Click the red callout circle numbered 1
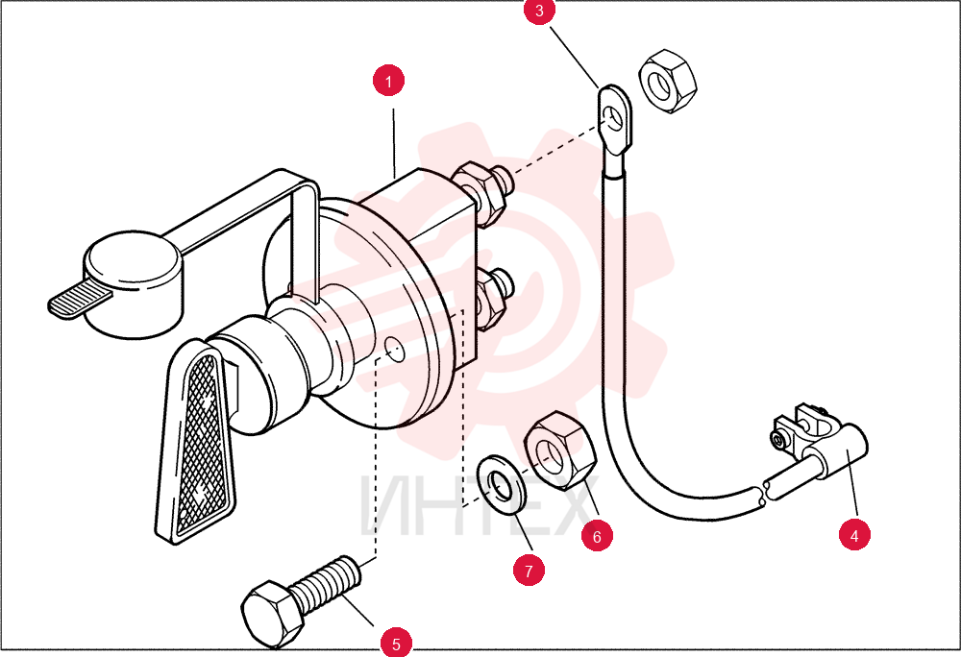click(388, 81)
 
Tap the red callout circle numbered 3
click(539, 11)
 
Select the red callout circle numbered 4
click(854, 535)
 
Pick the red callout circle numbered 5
click(396, 643)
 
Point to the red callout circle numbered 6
click(597, 536)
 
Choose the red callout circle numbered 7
click(529, 570)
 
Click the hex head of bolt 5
click(272, 615)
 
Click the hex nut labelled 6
click(559, 450)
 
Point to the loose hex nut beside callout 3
click(668, 81)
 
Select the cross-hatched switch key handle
click(196, 442)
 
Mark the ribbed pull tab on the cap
click(80, 300)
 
